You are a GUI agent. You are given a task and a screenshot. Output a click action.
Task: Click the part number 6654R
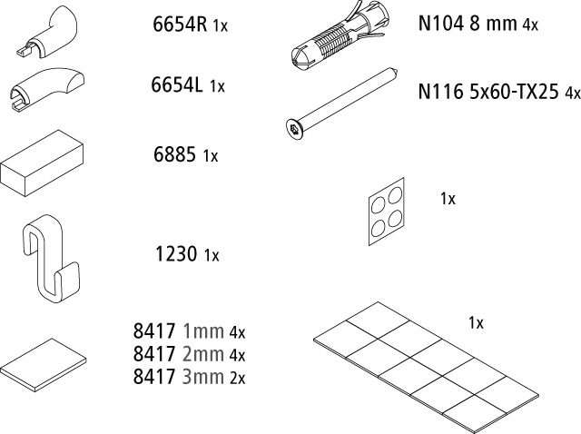(x=180, y=25)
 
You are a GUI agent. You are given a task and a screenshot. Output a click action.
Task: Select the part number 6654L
(x=177, y=84)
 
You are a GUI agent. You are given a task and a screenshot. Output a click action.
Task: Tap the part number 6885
(x=174, y=154)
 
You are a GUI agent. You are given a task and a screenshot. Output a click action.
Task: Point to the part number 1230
(x=176, y=254)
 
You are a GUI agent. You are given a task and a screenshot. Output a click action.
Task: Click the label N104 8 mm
(x=468, y=24)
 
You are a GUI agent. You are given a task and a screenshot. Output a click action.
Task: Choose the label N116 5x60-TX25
(x=488, y=91)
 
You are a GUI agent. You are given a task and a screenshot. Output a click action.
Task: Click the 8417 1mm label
(x=179, y=331)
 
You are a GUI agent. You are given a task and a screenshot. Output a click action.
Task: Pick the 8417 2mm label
(x=179, y=354)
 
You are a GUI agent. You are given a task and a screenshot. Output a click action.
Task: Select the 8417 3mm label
(x=179, y=377)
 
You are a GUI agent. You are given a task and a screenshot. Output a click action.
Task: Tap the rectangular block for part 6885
(x=42, y=163)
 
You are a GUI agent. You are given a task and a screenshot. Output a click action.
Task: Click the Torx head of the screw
(x=295, y=129)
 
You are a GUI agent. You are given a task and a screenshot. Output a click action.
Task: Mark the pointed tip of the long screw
(x=397, y=73)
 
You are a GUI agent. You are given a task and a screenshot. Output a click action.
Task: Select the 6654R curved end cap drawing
(x=47, y=32)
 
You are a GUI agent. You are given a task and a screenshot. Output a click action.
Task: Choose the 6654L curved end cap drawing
(x=46, y=89)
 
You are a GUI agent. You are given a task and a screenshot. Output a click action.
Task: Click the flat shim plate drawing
(x=44, y=365)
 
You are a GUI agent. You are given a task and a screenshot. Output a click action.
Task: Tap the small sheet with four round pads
(x=387, y=212)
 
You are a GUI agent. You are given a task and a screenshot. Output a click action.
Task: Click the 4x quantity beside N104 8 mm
(x=530, y=25)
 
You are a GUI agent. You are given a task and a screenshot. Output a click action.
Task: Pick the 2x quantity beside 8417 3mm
(x=238, y=378)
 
